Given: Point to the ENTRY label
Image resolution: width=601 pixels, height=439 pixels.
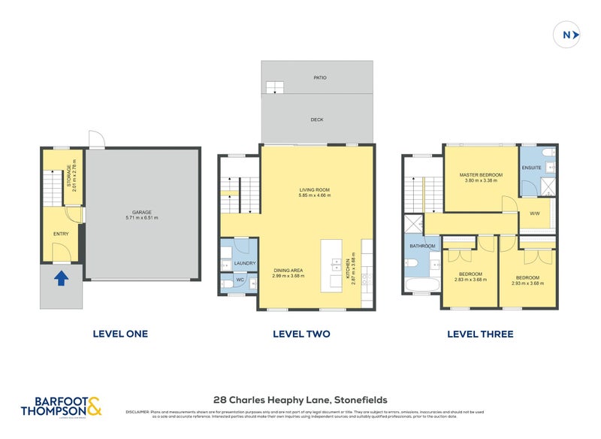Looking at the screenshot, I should (x=61, y=235).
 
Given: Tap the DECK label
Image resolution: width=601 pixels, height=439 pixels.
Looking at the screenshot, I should (x=316, y=119).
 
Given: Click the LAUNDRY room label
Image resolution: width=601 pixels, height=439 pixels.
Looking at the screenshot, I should (x=245, y=263).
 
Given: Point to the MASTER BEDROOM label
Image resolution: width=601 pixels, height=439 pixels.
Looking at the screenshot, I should (x=481, y=174).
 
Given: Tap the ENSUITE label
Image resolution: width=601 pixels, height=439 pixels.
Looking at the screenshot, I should (x=532, y=168).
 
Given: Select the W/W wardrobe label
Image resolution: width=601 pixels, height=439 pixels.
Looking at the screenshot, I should (x=535, y=213).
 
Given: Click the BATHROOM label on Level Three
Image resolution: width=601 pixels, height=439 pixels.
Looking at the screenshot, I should (x=423, y=246).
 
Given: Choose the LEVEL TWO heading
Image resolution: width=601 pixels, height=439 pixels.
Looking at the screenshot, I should (x=300, y=334).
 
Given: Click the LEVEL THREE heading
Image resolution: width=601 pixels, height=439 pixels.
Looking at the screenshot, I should (x=480, y=334).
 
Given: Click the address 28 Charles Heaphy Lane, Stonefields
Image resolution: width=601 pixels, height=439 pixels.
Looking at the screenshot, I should (x=300, y=400).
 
